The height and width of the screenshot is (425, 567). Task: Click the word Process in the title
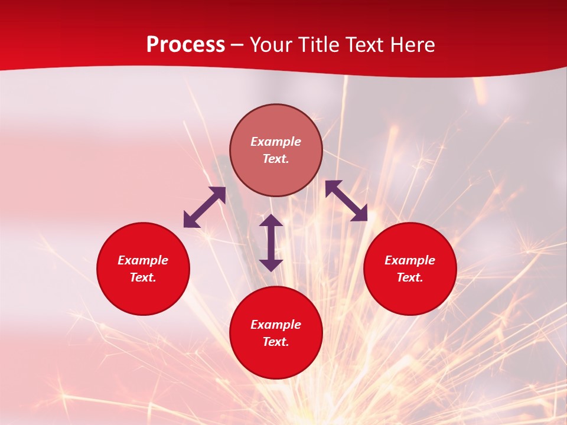pos(185,45)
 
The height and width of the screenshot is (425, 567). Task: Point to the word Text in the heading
pos(364,45)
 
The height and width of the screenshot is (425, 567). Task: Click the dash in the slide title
pos(237,45)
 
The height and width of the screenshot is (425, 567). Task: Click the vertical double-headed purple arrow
pos(271,243)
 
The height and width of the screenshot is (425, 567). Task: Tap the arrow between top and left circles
pos(205,207)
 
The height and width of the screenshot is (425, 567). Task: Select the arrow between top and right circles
pos(346,201)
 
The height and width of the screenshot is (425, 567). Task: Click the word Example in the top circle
pos(276,142)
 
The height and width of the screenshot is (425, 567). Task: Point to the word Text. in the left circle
pos(143,277)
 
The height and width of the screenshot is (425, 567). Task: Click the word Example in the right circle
pos(410,260)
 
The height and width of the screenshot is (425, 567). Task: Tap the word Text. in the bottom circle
pos(276,342)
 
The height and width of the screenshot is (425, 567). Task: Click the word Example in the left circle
pos(143,260)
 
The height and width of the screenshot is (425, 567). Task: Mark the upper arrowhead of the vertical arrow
pos(271,221)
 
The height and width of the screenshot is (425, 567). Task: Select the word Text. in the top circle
pos(276,159)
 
